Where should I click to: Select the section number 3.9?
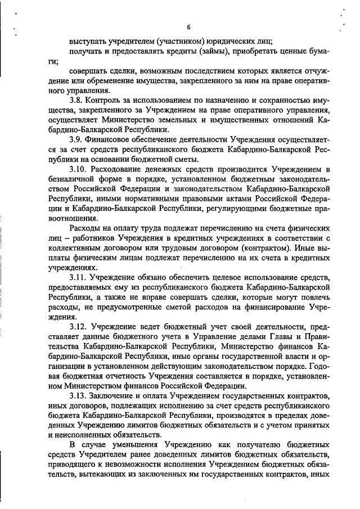(x=77, y=139)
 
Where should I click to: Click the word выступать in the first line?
(x=88, y=40)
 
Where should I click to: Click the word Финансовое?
(x=115, y=139)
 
